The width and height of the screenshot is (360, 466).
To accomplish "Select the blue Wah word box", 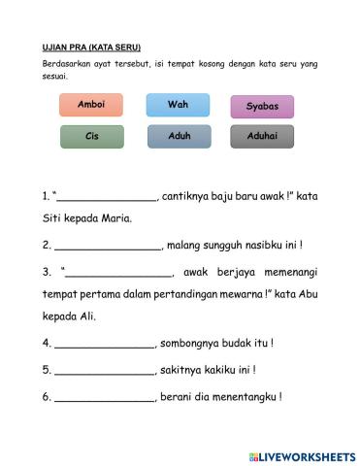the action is [x=178, y=105].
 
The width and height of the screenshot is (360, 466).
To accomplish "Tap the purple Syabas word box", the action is [x=262, y=107].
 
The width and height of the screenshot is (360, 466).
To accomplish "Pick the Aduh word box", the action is [x=179, y=137].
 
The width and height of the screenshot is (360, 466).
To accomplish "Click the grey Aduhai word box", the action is [x=262, y=137].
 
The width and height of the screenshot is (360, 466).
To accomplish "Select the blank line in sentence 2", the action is [x=108, y=247].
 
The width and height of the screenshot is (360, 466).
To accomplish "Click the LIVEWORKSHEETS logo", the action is [x=302, y=455].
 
